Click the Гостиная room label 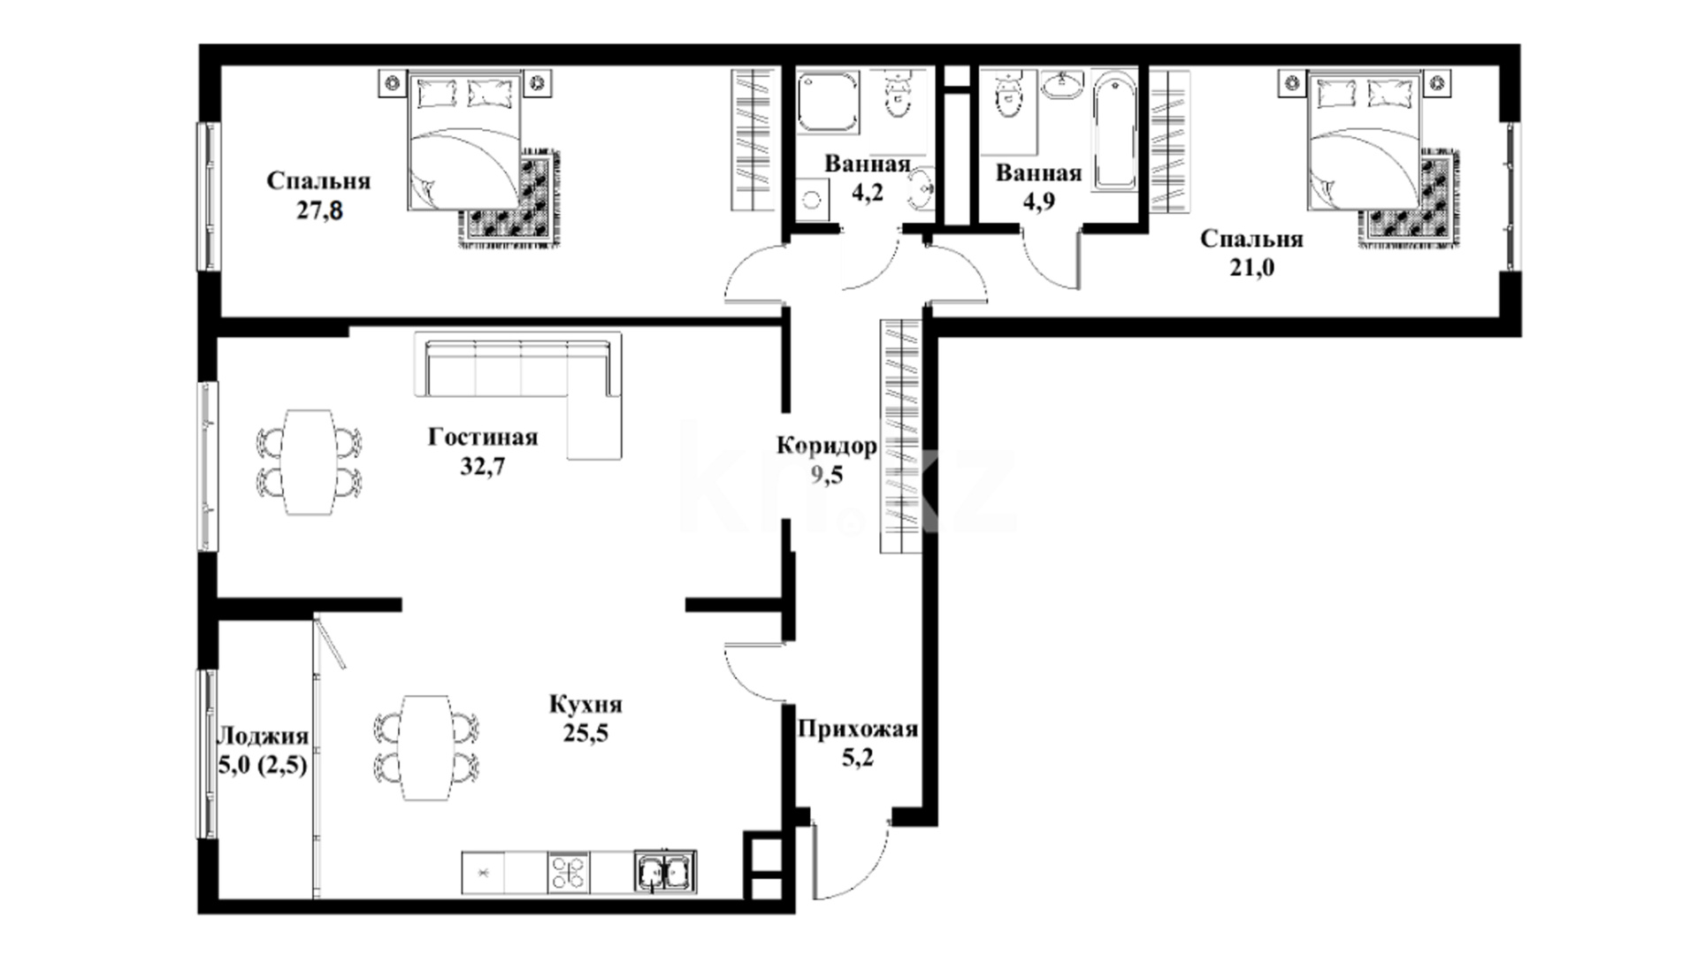483,438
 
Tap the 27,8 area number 320,211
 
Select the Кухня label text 585,705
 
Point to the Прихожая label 858,730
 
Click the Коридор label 827,446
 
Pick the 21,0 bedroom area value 1251,267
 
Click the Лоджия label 264,737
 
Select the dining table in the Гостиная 309,461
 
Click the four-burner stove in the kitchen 568,873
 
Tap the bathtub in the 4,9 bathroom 1117,132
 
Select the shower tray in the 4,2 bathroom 829,104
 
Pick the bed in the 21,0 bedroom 1365,142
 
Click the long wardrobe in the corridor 901,436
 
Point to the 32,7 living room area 483,466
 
